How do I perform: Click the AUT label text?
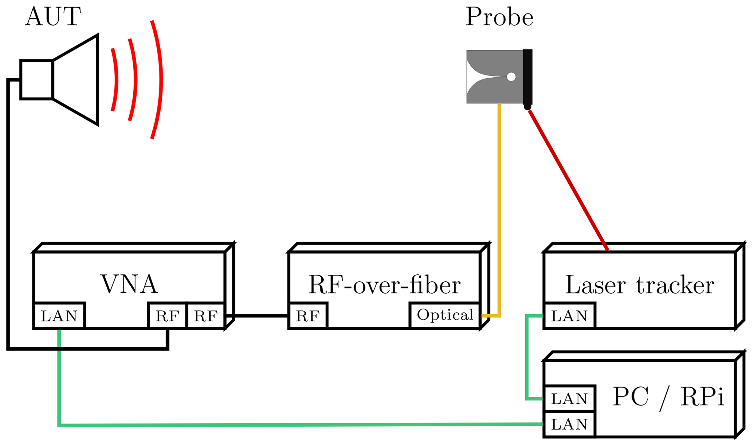[x=53, y=17]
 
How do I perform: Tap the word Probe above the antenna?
[x=499, y=17]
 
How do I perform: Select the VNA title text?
[x=129, y=284]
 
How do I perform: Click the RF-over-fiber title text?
[x=384, y=285]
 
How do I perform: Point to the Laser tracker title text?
[x=639, y=285]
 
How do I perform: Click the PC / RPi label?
[x=668, y=397]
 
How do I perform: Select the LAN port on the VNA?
[x=59, y=316]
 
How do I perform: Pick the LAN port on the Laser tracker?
[x=569, y=316]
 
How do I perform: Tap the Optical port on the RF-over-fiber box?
[x=445, y=315]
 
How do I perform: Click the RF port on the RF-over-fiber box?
[x=308, y=316]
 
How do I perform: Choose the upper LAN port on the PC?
[x=569, y=399]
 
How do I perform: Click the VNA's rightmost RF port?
[x=205, y=316]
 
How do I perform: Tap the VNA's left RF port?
[x=167, y=316]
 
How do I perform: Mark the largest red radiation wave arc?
[x=160, y=80]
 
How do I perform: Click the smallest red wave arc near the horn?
[x=116, y=79]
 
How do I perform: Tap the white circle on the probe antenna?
[x=511, y=77]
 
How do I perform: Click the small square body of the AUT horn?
[x=37, y=79]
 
